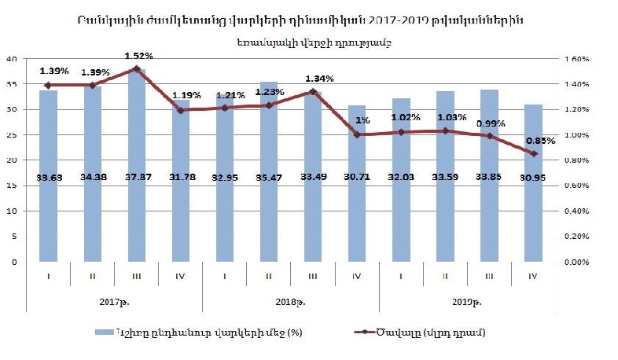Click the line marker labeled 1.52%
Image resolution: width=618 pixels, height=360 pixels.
click(x=136, y=69)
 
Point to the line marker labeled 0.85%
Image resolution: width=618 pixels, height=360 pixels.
click(x=534, y=153)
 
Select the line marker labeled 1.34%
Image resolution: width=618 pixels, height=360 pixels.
click(x=313, y=92)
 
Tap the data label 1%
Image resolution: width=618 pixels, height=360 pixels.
click(x=362, y=120)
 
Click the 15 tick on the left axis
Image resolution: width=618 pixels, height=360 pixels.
click(x=13, y=186)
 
